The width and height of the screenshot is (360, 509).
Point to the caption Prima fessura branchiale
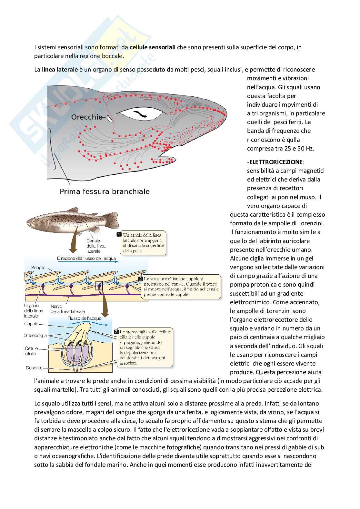click(105, 191)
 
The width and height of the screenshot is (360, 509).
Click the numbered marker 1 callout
click(119, 234)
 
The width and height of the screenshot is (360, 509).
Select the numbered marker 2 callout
click(140, 279)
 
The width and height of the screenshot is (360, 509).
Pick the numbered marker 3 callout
click(116, 332)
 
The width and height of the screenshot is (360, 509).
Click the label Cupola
click(31, 324)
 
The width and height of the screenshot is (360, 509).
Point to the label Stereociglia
click(35, 335)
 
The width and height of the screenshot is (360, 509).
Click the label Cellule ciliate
click(31, 351)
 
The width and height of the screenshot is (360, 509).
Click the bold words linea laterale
click(60, 69)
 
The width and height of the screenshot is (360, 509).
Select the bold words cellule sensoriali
click(153, 47)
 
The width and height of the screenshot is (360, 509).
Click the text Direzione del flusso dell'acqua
click(86, 258)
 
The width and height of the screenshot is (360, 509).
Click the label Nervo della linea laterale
click(68, 309)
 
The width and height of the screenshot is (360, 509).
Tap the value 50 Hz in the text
click(305, 148)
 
